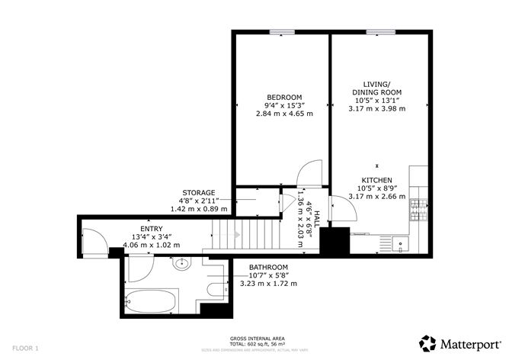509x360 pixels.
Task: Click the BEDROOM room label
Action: click(279, 96)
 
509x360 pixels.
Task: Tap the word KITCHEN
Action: click(376, 179)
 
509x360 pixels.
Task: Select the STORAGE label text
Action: click(198, 192)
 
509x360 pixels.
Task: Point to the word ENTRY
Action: click(151, 228)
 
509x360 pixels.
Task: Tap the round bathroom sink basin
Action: click(182, 265)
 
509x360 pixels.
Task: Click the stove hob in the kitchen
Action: click(417, 204)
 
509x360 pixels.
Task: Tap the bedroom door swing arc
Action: click(310, 174)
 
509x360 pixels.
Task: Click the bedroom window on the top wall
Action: click(281, 31)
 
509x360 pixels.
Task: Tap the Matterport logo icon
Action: click(428, 343)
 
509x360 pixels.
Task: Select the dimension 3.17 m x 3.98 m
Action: click(376, 108)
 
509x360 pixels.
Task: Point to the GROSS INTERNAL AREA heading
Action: click(253, 338)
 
